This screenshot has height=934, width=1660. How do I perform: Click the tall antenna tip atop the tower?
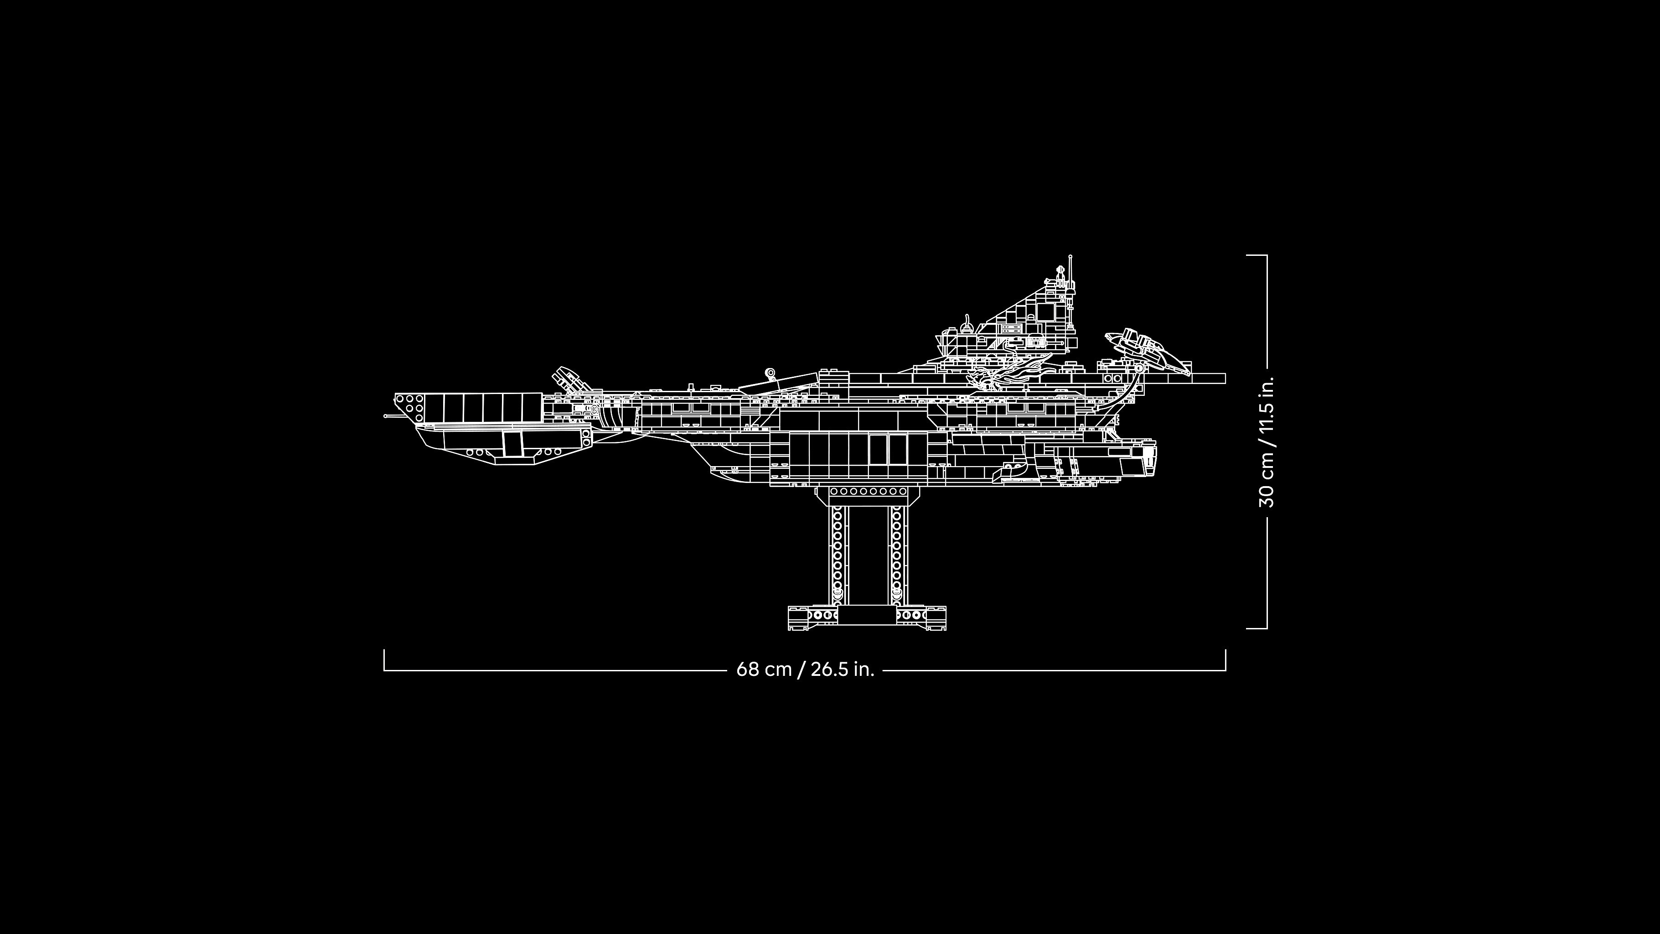[1070, 256]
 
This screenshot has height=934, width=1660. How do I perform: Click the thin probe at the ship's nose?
[393, 416]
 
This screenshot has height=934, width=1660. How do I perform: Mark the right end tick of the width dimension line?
[1225, 660]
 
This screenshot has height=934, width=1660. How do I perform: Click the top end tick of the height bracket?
[1257, 255]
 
